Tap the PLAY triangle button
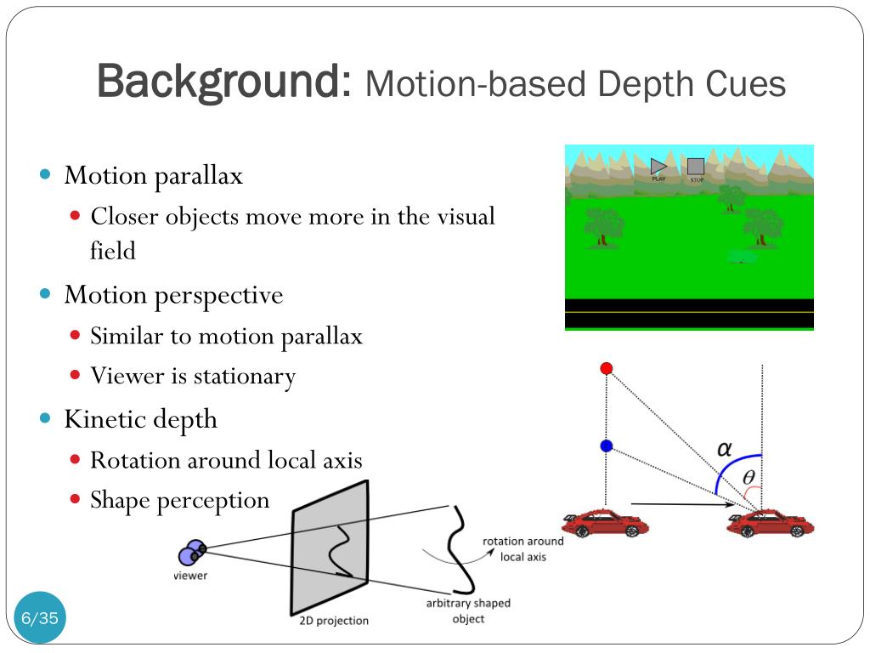[658, 167]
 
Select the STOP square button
[696, 167]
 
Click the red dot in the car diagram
[606, 368]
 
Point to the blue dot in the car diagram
[606, 446]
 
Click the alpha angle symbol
[725, 448]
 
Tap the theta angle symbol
[749, 478]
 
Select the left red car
[600, 522]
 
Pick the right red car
[770, 522]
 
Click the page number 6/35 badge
[40, 618]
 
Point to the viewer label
[190, 576]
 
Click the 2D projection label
[334, 621]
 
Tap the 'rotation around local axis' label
[523, 549]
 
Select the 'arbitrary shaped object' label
[468, 610]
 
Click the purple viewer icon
[191, 553]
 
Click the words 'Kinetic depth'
[140, 419]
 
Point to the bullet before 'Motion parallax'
[46, 174]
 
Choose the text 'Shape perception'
[179, 500]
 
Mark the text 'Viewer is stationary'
[193, 376]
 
